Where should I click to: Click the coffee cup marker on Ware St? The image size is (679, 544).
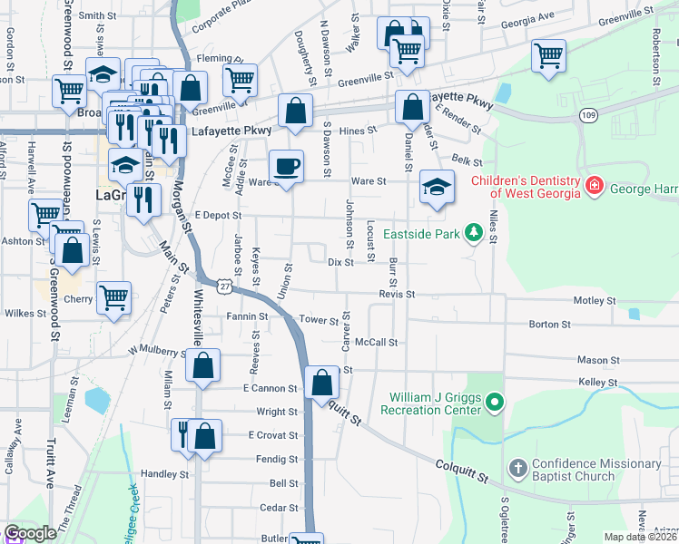[x=287, y=167]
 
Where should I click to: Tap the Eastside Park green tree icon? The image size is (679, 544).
[x=472, y=234]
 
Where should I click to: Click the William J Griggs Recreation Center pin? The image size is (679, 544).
[x=494, y=400]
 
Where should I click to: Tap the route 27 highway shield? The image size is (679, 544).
[x=223, y=286]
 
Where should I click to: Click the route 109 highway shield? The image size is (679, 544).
[x=589, y=115]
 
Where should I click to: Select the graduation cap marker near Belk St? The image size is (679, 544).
[x=437, y=188]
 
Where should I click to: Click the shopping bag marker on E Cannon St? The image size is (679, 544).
[x=322, y=382]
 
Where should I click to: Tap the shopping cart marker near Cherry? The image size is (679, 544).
[x=113, y=297]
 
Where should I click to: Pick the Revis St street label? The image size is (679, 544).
[x=397, y=295]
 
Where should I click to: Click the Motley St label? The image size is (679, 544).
[x=595, y=300]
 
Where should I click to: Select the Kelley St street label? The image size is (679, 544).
[x=597, y=384]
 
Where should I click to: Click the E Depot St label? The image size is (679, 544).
[x=217, y=216]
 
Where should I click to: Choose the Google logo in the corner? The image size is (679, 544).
[x=31, y=533]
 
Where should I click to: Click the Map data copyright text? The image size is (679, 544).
[x=641, y=537]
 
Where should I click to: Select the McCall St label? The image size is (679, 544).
[x=377, y=343]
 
